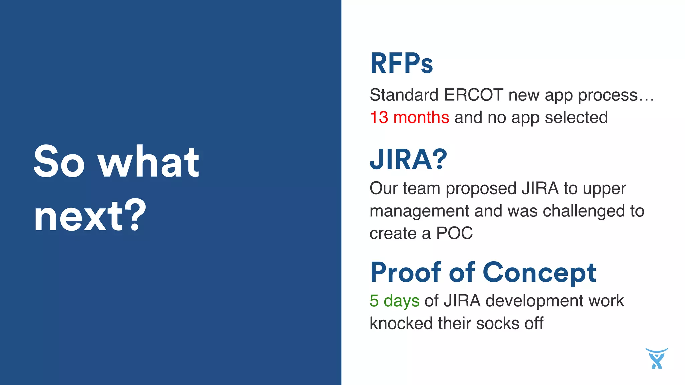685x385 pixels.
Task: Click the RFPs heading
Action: (401, 63)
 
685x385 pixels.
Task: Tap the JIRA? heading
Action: (408, 159)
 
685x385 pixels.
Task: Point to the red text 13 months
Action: (409, 118)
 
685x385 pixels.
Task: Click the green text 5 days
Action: (394, 301)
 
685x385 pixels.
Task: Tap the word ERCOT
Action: (473, 95)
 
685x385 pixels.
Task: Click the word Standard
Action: (404, 95)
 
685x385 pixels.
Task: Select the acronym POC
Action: (455, 233)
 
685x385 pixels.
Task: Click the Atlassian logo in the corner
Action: (656, 359)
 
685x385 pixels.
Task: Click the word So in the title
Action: (59, 162)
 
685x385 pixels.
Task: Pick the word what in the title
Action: (149, 162)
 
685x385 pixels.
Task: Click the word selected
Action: (576, 118)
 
